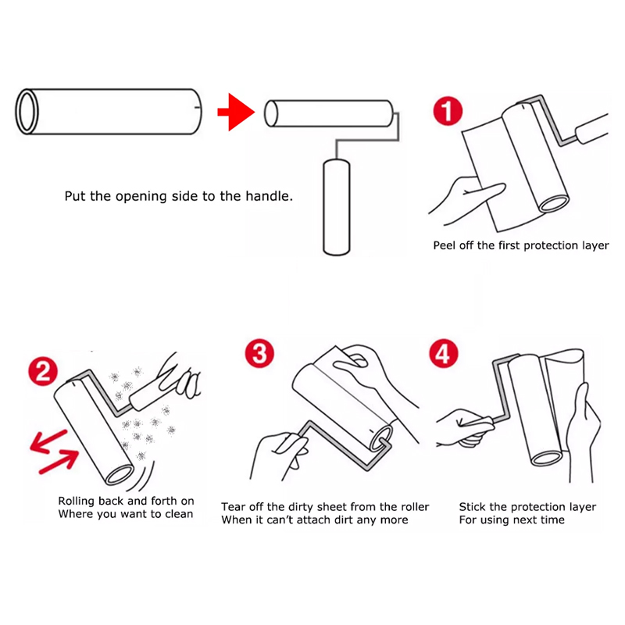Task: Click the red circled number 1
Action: pyautogui.click(x=448, y=111)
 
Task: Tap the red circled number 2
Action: pyautogui.click(x=43, y=371)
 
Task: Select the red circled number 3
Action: pyautogui.click(x=259, y=353)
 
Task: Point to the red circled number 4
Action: pyautogui.click(x=444, y=353)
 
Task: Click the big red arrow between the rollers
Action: pyautogui.click(x=236, y=112)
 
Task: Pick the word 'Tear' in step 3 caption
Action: pyautogui.click(x=233, y=506)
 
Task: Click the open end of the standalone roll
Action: pyautogui.click(x=27, y=112)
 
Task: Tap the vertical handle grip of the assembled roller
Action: pyautogui.click(x=337, y=207)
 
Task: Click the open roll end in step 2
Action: pyautogui.click(x=120, y=475)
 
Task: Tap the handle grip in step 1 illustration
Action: pyautogui.click(x=592, y=128)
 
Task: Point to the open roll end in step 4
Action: pyautogui.click(x=546, y=459)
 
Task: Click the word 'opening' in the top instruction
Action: pyautogui.click(x=141, y=197)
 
